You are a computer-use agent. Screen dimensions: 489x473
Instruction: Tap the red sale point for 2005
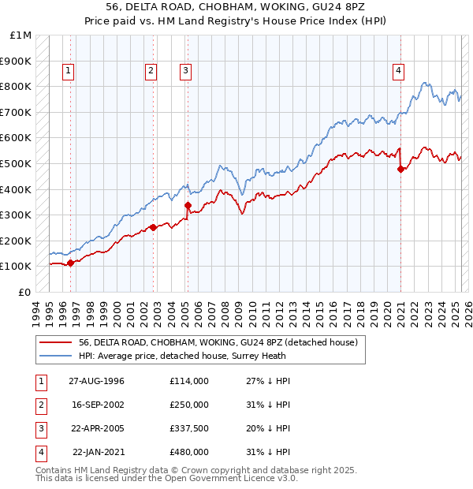(188, 206)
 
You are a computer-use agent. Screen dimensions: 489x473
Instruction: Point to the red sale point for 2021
(400, 169)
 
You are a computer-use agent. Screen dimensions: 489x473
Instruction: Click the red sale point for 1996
(70, 263)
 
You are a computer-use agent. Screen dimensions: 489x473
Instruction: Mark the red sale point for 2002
(152, 228)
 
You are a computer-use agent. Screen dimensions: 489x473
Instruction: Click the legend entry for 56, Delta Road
(218, 342)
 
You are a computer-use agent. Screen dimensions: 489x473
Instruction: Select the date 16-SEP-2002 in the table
(97, 405)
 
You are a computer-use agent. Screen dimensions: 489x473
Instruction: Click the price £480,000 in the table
(189, 452)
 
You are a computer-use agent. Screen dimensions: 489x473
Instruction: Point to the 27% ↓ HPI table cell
(268, 381)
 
